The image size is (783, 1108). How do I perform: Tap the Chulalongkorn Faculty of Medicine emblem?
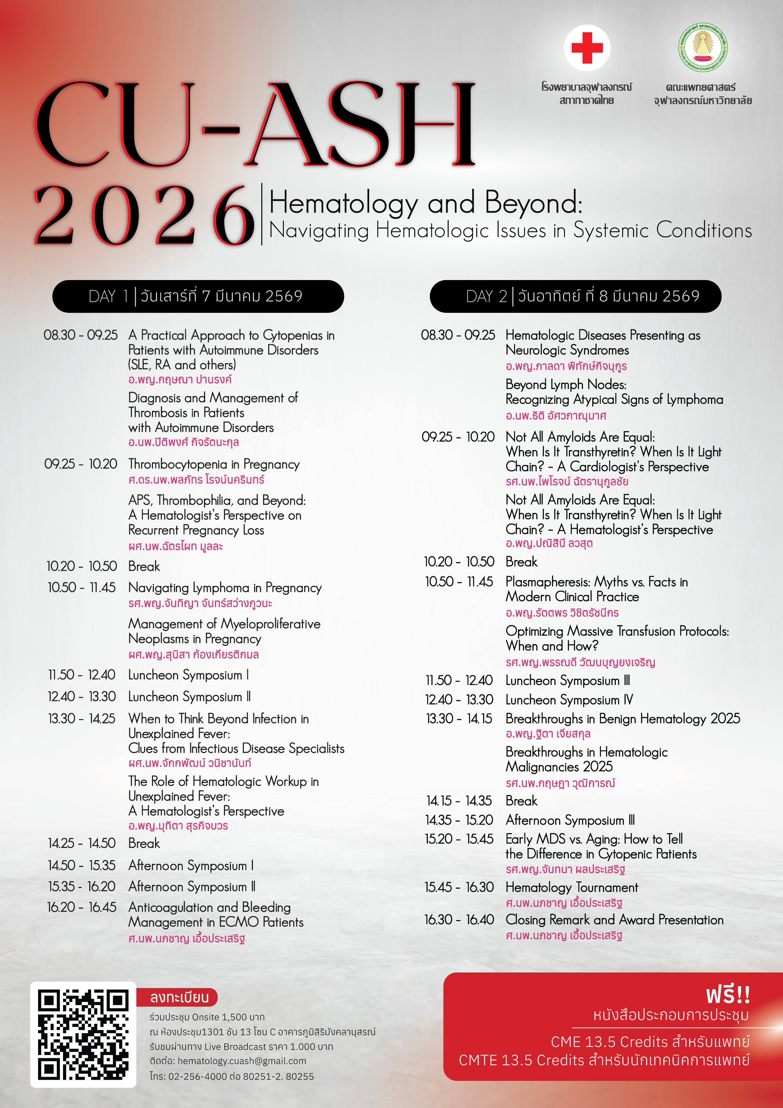pos(703,48)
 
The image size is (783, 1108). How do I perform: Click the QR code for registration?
pos(83,1034)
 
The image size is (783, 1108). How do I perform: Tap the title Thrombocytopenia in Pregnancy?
pos(214,464)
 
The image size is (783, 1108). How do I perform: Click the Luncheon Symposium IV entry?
pos(569,700)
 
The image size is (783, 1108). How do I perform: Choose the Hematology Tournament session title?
pos(572,887)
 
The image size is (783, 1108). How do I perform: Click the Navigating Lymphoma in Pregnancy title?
pos(225,588)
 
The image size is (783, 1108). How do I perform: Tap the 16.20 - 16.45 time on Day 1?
pos(81,907)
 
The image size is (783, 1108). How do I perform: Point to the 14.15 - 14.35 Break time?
pos(459,801)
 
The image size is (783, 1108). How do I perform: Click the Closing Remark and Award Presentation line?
pos(614,920)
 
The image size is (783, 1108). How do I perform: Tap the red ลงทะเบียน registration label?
pos(179,997)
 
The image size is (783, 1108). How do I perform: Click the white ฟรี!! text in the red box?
pos(727,995)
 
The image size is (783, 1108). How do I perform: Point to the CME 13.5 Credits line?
pos(650,1042)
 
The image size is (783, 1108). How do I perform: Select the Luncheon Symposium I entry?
pos(189,675)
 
